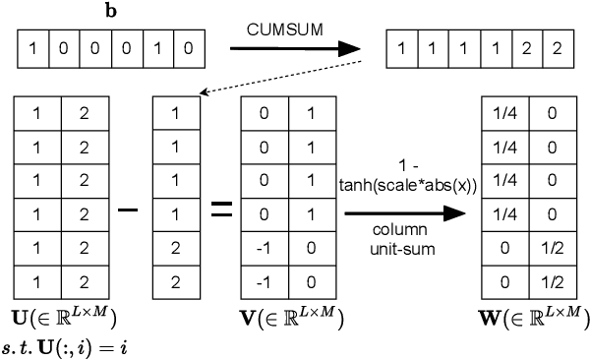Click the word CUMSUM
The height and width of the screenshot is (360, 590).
pyautogui.click(x=278, y=30)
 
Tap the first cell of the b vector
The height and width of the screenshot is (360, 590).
pyautogui.click(x=34, y=45)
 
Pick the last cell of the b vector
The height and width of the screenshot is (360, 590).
pyautogui.click(x=192, y=45)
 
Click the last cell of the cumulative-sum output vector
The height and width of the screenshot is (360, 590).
pyautogui.click(x=560, y=45)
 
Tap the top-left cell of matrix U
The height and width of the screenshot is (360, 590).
pyautogui.click(x=38, y=114)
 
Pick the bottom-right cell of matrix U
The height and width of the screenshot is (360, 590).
pyautogui.click(x=83, y=282)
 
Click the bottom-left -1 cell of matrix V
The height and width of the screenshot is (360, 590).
pyautogui.click(x=264, y=282)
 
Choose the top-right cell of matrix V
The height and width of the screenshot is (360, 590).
pyautogui.click(x=308, y=114)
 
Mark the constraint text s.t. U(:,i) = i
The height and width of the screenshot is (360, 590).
pyautogui.click(x=71, y=343)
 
